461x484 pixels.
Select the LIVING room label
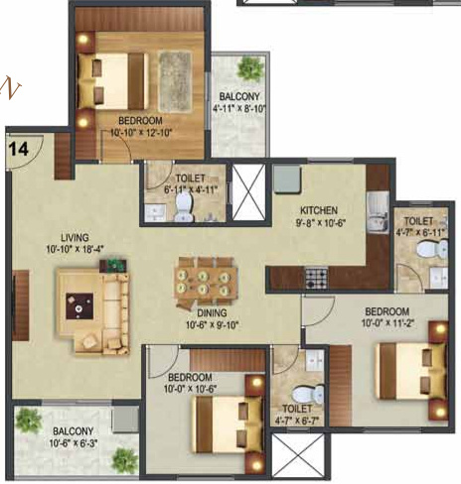click(x=75, y=238)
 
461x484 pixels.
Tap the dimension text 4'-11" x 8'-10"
click(x=239, y=111)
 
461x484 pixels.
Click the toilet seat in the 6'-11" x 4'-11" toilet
click(x=185, y=204)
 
